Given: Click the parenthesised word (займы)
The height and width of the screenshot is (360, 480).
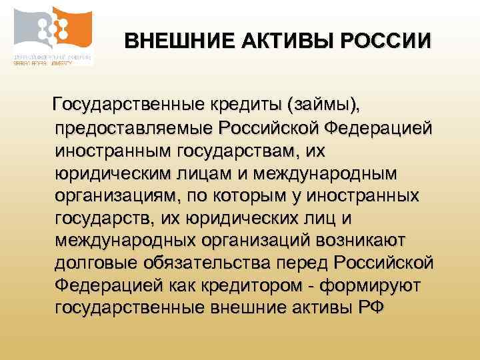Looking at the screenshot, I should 323,105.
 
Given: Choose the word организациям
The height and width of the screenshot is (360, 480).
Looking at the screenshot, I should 115,197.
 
